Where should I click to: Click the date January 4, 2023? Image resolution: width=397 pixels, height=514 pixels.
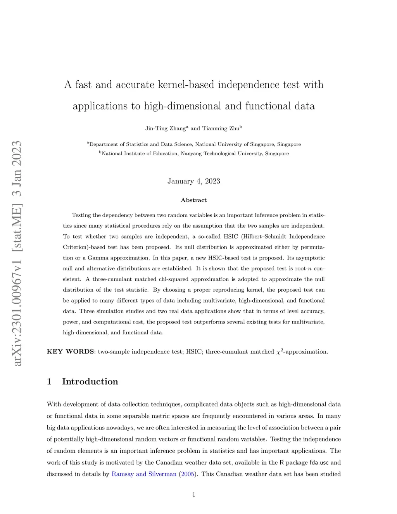click(x=193, y=181)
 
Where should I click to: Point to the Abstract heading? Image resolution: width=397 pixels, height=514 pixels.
click(x=193, y=200)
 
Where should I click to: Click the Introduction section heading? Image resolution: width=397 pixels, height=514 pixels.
click(x=90, y=382)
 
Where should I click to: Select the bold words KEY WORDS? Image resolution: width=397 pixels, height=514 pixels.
click(x=70, y=352)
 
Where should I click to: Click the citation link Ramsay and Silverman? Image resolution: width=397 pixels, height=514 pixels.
click(x=144, y=474)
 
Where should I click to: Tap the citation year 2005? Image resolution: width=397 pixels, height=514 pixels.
click(x=188, y=474)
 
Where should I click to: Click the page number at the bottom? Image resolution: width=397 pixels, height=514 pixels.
click(x=193, y=495)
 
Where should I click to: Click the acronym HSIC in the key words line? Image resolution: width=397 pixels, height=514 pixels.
click(x=193, y=352)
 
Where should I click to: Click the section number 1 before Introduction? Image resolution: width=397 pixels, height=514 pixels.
click(x=49, y=382)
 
